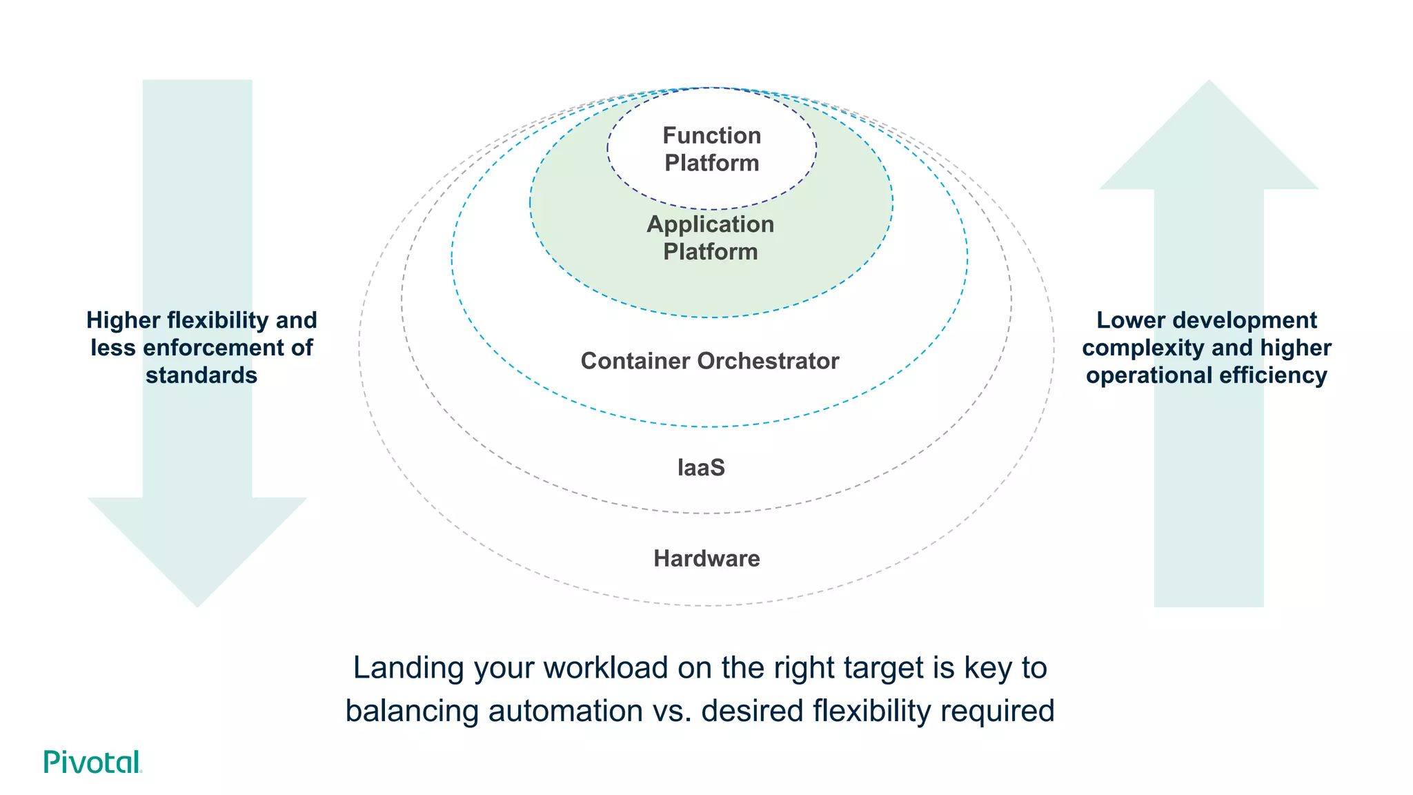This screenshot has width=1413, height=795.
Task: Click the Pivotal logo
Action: tap(92, 762)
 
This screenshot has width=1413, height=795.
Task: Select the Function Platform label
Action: tap(711, 149)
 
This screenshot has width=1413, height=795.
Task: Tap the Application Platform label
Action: tap(710, 237)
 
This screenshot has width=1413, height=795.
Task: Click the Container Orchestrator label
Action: tap(709, 361)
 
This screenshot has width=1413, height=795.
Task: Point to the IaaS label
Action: tap(701, 468)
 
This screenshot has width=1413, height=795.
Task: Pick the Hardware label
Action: tap(706, 558)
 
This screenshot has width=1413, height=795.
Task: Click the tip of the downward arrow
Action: tap(197, 604)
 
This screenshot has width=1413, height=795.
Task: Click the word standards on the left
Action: tap(201, 375)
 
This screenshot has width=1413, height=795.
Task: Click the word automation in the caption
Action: tap(565, 711)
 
